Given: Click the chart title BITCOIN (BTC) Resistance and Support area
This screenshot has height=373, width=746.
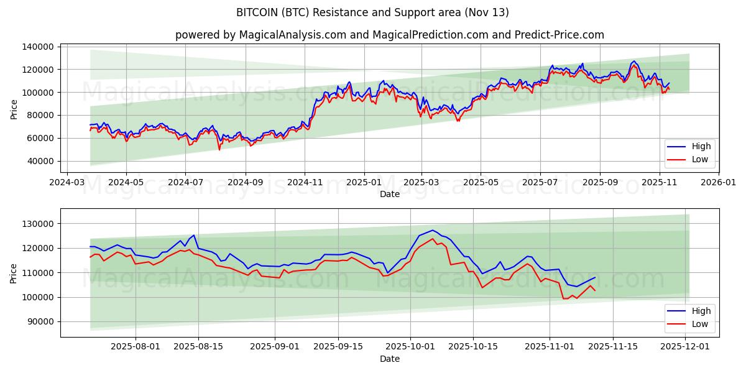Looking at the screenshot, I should pos(372,12).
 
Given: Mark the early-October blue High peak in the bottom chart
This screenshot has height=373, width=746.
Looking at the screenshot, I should pos(433,230).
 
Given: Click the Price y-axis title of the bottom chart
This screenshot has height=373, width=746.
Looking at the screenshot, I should pos(14,272).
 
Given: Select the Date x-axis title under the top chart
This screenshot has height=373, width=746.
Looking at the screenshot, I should pos(390,195).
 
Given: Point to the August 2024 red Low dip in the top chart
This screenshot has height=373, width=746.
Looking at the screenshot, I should pos(219,149).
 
